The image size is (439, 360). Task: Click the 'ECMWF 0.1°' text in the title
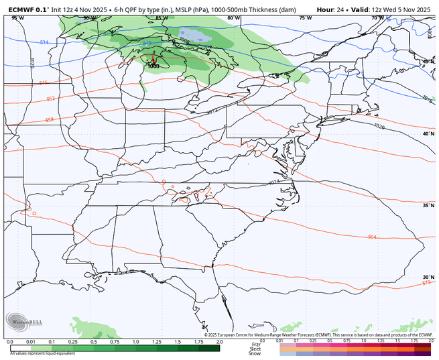[x=23, y=9]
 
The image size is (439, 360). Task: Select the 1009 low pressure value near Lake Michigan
[x=153, y=66]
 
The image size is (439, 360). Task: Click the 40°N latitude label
[x=426, y=134]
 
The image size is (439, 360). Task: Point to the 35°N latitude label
[x=426, y=206]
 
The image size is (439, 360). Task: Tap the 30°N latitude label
[x=426, y=277]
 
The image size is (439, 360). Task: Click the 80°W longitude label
[x=233, y=18]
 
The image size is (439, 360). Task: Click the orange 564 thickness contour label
[x=372, y=237]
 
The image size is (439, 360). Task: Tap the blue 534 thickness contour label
[x=25, y=42]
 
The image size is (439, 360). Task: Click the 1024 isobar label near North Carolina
[x=273, y=182]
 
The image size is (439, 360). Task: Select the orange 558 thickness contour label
[x=30, y=120]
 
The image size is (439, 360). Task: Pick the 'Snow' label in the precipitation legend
[x=255, y=353]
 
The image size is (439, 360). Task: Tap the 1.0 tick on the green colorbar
[x=135, y=342]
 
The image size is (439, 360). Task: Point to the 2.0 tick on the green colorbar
[x=218, y=342]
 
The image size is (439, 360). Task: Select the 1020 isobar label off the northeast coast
[x=379, y=126]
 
